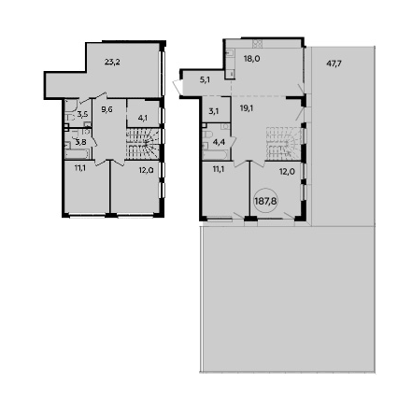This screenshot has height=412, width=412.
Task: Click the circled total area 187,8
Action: pyautogui.click(x=265, y=201)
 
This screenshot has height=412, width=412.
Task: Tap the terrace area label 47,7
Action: pyautogui.click(x=334, y=64)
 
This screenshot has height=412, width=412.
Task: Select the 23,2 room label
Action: pyautogui.click(x=112, y=62)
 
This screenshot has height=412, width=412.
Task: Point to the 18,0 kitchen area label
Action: pyautogui.click(x=251, y=58)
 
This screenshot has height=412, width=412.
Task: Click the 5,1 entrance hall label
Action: pyautogui.click(x=205, y=80)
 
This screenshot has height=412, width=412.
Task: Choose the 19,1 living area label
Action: pyautogui.click(x=246, y=108)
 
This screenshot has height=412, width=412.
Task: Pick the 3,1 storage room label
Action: pyautogui.click(x=216, y=110)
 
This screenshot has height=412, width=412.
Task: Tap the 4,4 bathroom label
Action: pyautogui.click(x=219, y=143)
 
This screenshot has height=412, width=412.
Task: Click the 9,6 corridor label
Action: pyautogui.click(x=107, y=109)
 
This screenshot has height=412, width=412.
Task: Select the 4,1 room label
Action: pyautogui.click(x=143, y=118)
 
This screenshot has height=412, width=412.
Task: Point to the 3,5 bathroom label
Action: pyautogui.click(x=82, y=114)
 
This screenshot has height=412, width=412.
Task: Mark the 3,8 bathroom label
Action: pyautogui.click(x=81, y=143)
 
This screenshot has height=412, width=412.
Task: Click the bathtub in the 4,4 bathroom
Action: pyautogui.click(x=216, y=155)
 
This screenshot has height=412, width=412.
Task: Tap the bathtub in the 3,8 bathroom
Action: pyautogui.click(x=78, y=154)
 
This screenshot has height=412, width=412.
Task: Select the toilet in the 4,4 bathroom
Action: pyautogui.click(x=207, y=135)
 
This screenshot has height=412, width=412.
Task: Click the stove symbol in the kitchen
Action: pyautogui.click(x=258, y=44)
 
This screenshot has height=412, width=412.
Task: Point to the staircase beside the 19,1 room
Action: pyautogui.click(x=284, y=143)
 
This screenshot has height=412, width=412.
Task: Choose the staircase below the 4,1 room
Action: pyautogui.click(x=143, y=144)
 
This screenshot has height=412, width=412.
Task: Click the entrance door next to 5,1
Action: pyautogui.click(x=178, y=86)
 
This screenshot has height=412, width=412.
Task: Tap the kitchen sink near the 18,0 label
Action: pyautogui.click(x=230, y=53)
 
